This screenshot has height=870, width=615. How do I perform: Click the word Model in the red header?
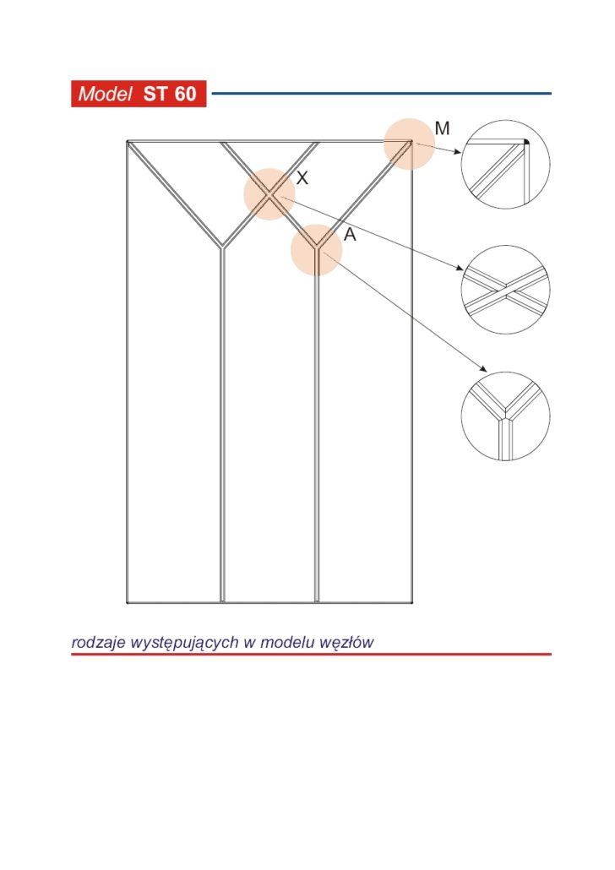point(105,94)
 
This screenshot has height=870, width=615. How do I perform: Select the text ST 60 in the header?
point(170,94)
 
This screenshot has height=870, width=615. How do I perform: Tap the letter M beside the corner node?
point(443,128)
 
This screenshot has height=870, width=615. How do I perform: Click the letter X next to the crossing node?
point(302,177)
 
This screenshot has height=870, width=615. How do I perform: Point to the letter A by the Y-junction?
point(350,235)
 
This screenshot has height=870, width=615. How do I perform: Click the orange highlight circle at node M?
point(410,144)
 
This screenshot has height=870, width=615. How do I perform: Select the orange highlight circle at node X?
point(269,194)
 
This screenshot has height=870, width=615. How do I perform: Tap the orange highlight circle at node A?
point(317,250)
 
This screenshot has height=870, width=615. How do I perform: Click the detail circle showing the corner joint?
point(506,164)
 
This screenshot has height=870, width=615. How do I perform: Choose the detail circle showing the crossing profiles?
point(506,289)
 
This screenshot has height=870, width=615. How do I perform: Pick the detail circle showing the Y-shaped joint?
point(506,416)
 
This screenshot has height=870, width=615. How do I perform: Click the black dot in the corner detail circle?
point(526,142)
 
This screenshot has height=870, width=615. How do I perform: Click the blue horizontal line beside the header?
point(382,93)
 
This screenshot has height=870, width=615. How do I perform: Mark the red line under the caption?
point(312,654)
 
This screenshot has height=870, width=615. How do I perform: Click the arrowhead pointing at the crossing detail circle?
point(460,269)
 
